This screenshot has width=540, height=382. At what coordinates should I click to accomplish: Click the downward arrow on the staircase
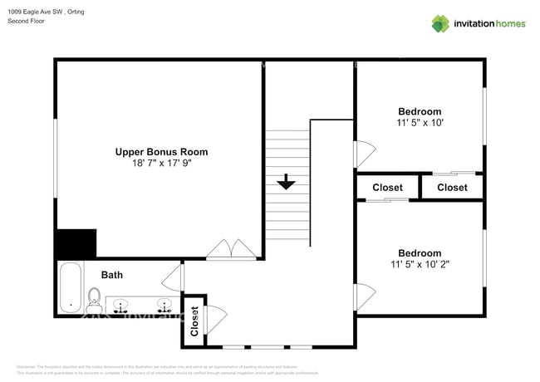(x=287, y=182)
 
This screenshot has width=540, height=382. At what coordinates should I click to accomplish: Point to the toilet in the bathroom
(x=94, y=297)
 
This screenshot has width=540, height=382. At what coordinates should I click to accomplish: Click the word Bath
(x=112, y=275)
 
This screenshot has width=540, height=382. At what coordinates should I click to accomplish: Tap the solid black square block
(x=75, y=244)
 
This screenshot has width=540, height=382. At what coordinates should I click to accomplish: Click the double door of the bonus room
(x=231, y=250)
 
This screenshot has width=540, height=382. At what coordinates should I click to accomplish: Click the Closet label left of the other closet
(x=387, y=188)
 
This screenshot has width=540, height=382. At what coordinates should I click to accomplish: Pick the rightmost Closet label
(x=452, y=188)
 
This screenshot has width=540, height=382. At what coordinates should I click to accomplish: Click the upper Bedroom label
(x=420, y=111)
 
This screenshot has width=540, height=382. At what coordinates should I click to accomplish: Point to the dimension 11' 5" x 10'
(x=420, y=123)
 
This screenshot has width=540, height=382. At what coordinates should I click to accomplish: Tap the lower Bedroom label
(x=420, y=253)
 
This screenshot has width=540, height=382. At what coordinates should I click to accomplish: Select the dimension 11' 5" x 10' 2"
(x=420, y=265)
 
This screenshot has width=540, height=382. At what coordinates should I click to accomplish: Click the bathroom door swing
(x=174, y=277)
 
